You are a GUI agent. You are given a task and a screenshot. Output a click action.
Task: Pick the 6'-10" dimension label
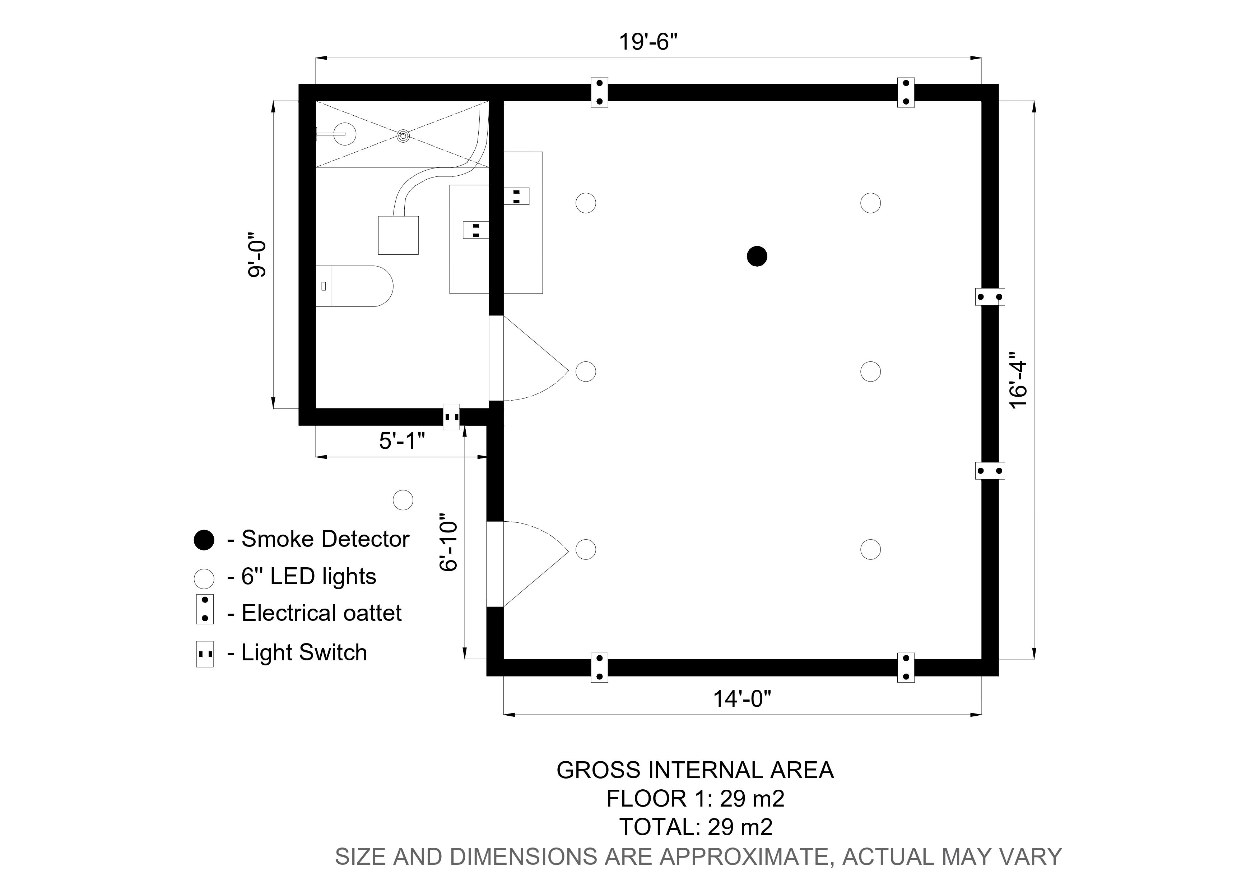pyautogui.click(x=449, y=543)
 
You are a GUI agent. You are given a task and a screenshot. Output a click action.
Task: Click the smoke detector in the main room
pyautogui.click(x=757, y=256)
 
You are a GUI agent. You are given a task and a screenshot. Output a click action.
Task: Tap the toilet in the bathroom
pyautogui.click(x=357, y=286)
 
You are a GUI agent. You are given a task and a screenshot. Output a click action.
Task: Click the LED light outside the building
pyautogui.click(x=403, y=500)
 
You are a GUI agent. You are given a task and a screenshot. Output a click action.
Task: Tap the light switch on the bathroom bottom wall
pyautogui.click(x=451, y=417)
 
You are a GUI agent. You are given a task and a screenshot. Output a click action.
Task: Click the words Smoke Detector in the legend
pyautogui.click(x=325, y=540)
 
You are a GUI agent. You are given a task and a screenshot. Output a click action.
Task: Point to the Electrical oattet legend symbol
pyautogui.click(x=205, y=609)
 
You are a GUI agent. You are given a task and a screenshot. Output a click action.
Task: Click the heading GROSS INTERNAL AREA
pyautogui.click(x=695, y=770)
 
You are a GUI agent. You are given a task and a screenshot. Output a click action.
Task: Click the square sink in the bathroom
pyautogui.click(x=399, y=235)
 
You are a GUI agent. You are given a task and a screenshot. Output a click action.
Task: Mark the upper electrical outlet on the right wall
pyautogui.click(x=990, y=297)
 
